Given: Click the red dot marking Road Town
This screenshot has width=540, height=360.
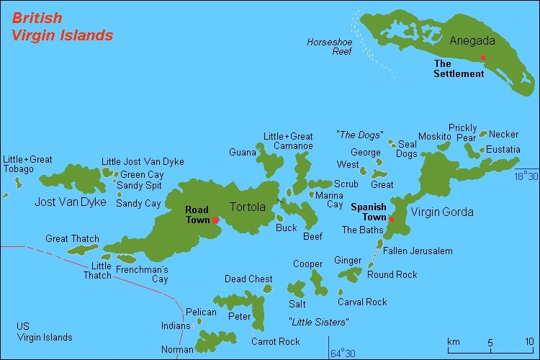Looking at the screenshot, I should click(215, 220).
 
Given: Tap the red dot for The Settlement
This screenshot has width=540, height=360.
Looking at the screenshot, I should click(482, 58).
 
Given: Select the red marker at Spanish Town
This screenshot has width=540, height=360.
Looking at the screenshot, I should click(391, 219).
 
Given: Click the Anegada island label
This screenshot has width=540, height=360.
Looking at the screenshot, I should click(468, 40).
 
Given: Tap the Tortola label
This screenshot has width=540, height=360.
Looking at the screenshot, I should click(247, 207).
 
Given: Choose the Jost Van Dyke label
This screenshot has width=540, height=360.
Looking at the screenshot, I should click(70, 202).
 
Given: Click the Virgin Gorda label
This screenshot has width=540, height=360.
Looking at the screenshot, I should click(442, 212).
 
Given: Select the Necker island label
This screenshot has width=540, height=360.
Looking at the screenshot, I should click(504, 134).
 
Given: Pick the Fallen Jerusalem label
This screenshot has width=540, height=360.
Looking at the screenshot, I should click(418, 251).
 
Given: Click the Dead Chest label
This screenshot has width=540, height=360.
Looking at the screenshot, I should click(248, 279).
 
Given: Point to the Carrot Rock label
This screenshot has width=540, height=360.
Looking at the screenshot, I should click(275, 341).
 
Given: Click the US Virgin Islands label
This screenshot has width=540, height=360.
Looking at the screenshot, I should click(45, 332).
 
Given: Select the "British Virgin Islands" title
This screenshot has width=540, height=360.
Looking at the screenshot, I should click(62, 26).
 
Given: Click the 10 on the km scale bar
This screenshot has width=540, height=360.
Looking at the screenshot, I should click(528, 341).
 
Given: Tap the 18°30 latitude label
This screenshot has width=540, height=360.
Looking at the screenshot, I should click(526, 176).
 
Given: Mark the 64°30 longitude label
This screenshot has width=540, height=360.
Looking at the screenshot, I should click(343, 353).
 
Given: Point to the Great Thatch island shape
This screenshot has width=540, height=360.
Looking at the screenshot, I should click(82, 250).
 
